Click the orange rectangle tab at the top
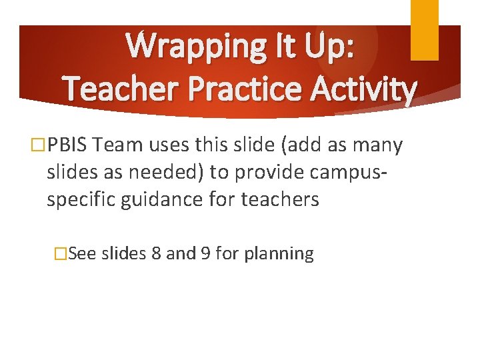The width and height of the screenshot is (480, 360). (424, 29)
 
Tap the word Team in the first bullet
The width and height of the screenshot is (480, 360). (118, 144)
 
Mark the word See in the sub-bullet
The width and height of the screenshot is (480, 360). (82, 254)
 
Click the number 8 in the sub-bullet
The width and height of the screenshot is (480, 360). (156, 254)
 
